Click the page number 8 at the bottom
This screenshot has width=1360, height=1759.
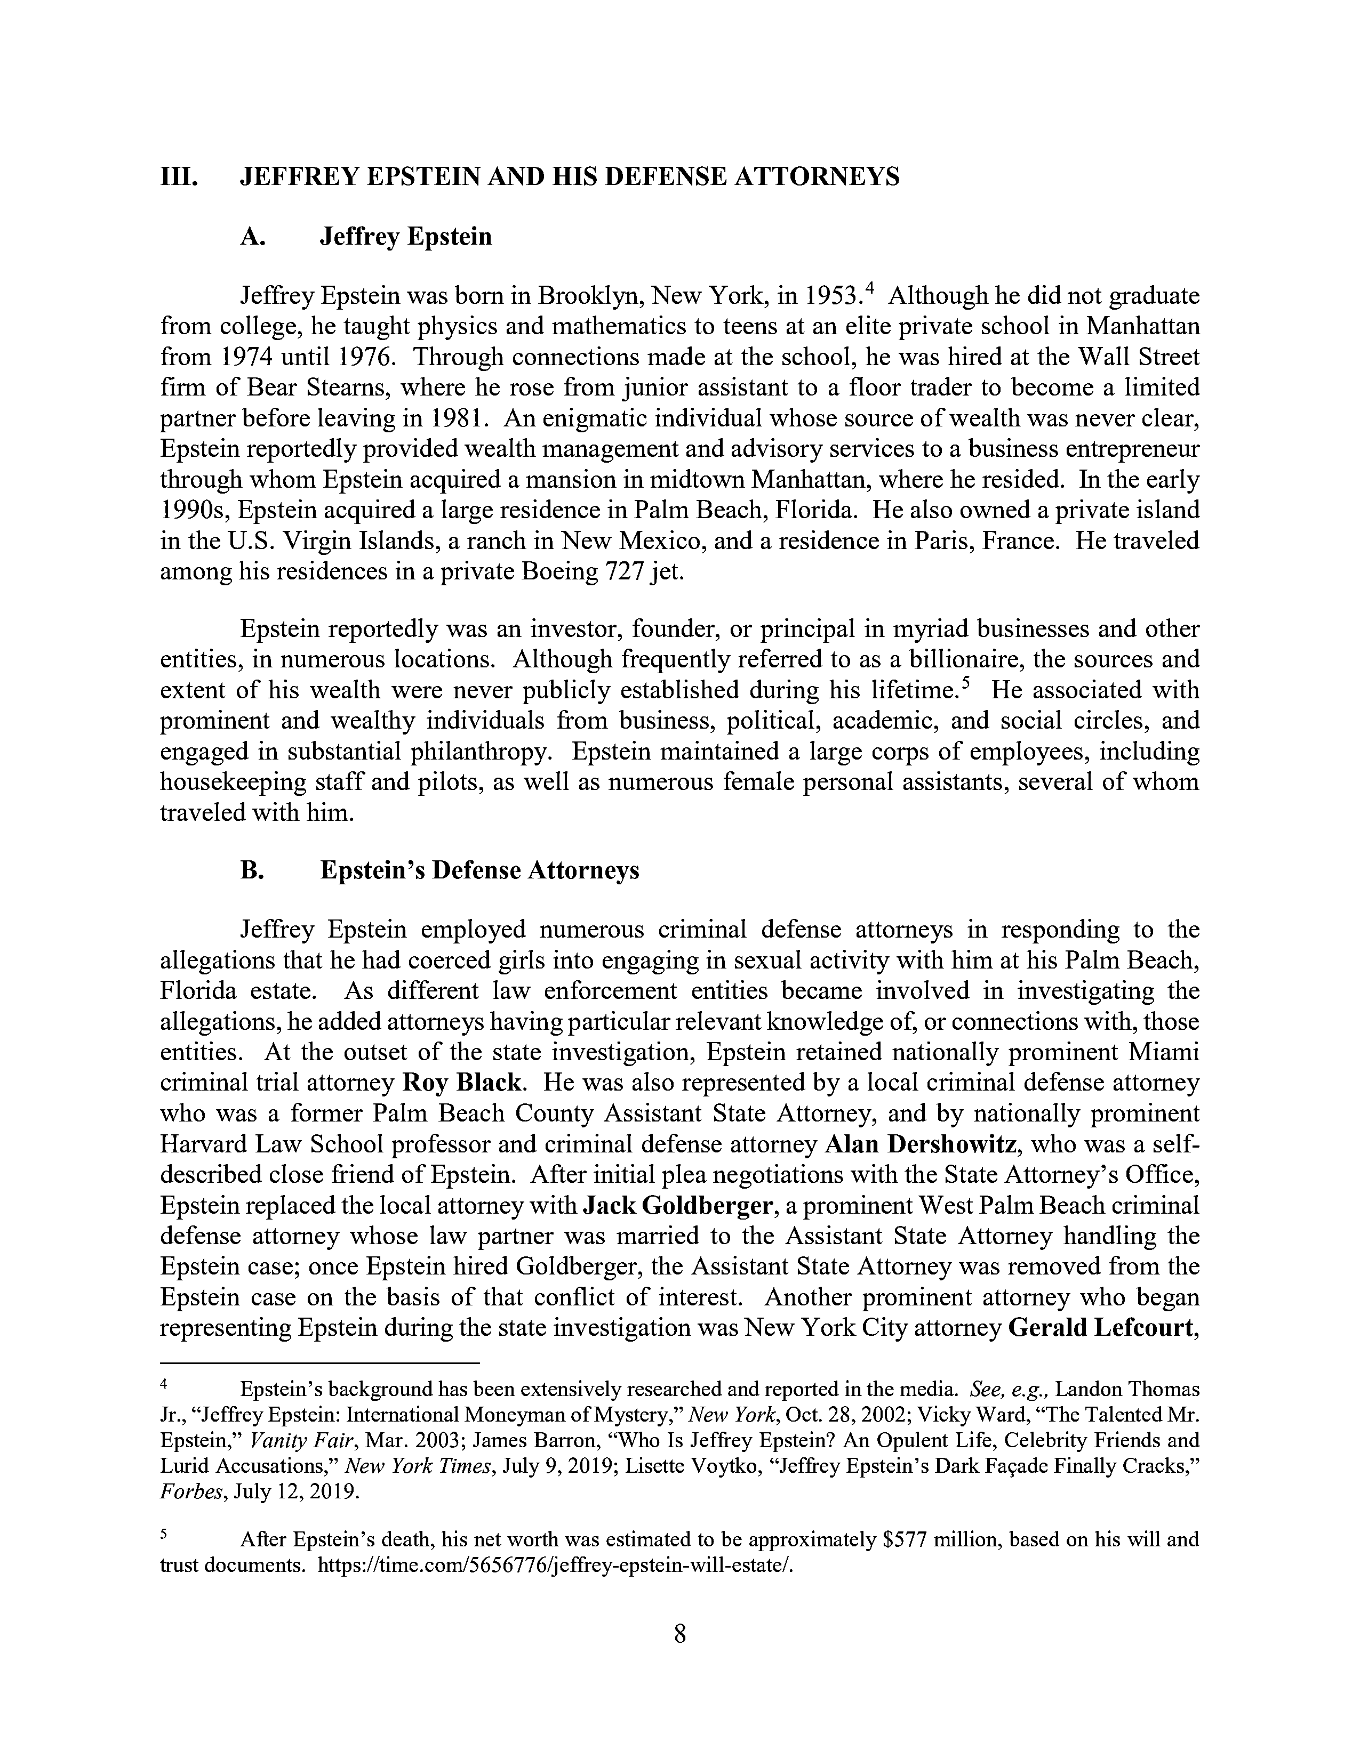tap(679, 1634)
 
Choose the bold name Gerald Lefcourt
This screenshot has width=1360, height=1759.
tap(1101, 1327)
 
